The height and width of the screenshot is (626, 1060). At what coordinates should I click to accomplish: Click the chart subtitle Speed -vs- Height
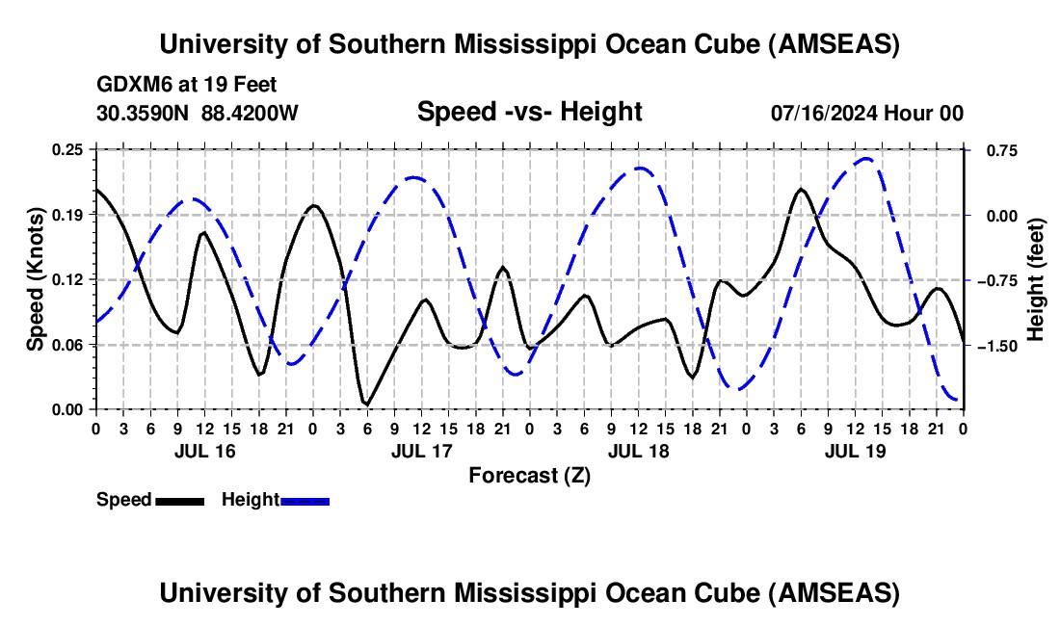pos(529,113)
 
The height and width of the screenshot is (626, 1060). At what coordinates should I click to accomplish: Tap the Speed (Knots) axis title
pos(36,279)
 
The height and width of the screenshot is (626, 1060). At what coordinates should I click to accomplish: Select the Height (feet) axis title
pos(1036,279)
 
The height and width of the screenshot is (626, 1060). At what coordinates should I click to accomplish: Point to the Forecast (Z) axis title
pos(529,475)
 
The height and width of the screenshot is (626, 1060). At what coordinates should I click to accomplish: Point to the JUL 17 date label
pos(421,451)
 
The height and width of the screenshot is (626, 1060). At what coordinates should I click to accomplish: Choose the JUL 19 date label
pos(855,451)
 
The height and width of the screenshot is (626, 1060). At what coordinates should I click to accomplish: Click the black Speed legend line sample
pos(180,501)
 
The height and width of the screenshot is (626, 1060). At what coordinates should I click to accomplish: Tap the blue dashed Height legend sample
pos(305,501)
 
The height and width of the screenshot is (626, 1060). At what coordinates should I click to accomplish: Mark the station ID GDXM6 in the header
pos(131,85)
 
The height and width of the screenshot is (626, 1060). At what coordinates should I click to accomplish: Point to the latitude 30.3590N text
pos(145,113)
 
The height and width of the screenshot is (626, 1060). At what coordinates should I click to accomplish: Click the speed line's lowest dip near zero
pos(365,404)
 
